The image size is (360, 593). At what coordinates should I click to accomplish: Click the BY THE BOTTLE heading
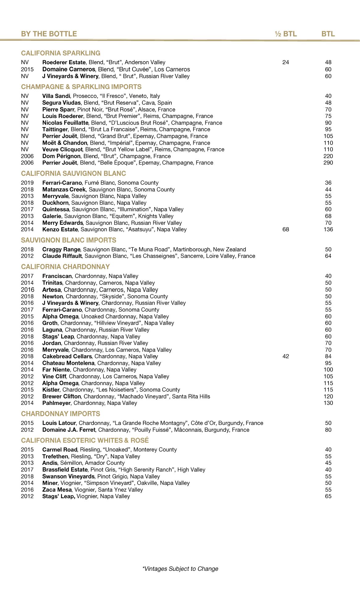[x=49, y=34]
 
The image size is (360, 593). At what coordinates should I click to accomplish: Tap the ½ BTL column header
[x=286, y=34]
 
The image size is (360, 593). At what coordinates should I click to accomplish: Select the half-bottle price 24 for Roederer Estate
[x=286, y=62]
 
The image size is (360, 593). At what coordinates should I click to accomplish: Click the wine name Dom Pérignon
[x=61, y=156]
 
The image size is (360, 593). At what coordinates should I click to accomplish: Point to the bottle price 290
[x=328, y=163]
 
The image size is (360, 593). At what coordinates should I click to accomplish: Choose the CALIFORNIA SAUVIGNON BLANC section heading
[x=73, y=174]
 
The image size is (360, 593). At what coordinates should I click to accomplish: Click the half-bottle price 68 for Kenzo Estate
[x=286, y=229]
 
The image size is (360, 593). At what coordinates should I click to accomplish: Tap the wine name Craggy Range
[x=61, y=250]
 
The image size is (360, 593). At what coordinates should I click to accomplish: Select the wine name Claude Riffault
[x=62, y=256]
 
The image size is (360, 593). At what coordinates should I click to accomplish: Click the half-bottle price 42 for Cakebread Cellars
[x=286, y=356]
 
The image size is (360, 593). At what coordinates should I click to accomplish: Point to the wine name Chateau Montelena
[x=68, y=363]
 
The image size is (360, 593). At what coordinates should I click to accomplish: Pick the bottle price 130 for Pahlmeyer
[x=328, y=403]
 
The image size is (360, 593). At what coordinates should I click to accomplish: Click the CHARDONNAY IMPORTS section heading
[x=61, y=414]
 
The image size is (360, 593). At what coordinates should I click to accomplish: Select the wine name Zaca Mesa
[x=57, y=490]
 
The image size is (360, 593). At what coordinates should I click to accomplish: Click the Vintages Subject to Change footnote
[x=180, y=569]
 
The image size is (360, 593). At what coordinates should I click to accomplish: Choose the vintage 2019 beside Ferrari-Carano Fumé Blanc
[x=27, y=183]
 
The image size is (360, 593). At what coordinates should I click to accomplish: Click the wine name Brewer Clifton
[x=61, y=397]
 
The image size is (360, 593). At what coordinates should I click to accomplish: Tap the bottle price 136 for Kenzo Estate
[x=328, y=229]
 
